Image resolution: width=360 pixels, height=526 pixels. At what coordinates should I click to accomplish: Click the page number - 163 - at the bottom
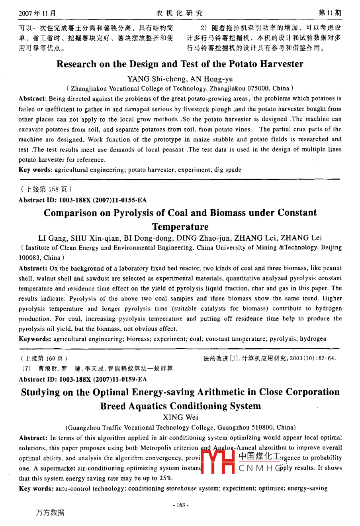coord(180,505)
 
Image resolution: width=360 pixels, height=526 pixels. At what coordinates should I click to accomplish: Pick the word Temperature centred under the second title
coord(180,227)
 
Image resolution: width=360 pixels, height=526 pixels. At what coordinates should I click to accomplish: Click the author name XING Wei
coord(180,417)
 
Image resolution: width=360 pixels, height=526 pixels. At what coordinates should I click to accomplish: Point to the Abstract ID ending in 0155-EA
coord(82,200)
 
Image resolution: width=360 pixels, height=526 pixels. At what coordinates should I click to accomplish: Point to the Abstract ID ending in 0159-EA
coord(82,379)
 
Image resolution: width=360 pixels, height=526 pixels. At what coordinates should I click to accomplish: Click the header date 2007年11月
coord(37,13)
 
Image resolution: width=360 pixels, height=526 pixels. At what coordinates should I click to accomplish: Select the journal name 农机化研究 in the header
coord(179,13)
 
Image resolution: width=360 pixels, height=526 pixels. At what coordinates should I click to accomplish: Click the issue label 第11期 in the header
coord(330,13)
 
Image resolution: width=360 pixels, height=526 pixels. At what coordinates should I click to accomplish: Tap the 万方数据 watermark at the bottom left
coord(50,512)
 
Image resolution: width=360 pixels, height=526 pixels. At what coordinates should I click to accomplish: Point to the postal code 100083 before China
coord(29,258)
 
